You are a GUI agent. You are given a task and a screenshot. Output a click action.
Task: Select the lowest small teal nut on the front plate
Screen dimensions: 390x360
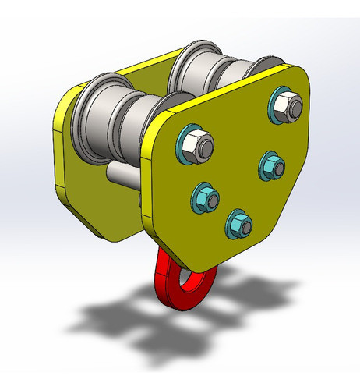click(238, 225)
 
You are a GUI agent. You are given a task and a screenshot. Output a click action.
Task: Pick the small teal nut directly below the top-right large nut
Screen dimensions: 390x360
click(272, 165)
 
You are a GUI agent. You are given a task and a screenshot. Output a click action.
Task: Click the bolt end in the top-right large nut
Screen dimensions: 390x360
click(288, 103)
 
